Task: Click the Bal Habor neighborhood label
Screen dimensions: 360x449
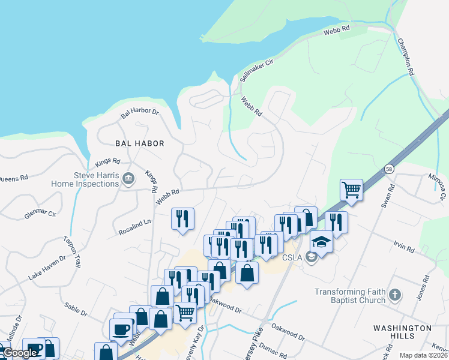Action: pos(140,143)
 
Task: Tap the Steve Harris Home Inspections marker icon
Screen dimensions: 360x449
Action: pos(128,179)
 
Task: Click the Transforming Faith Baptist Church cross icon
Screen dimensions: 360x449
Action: pos(394,295)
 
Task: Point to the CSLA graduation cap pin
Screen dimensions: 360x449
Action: pos(321,242)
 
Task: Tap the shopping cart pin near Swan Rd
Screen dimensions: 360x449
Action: pos(351,191)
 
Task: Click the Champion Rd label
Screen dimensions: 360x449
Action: pos(406,57)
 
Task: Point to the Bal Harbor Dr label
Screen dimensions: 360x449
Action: pos(139,112)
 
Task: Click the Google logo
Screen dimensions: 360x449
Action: pos(20,353)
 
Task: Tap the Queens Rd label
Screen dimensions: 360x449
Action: pos(13,178)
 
